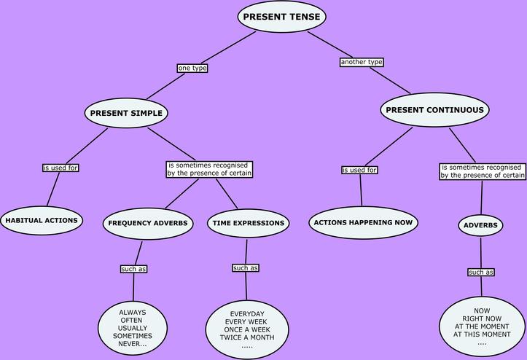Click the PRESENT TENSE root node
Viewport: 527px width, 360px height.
pos(281,17)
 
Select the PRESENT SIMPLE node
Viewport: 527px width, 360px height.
pos(127,113)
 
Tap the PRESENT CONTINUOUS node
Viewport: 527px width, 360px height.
pos(434,110)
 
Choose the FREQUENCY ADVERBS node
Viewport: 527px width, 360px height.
pos(148,223)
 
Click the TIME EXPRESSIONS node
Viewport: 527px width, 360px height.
pos(249,223)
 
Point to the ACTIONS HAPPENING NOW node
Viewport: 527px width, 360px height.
pos(362,223)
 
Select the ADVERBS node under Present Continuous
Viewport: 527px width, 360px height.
pos(480,225)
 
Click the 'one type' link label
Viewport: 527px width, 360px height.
pos(192,68)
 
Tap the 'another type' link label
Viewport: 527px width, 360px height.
pos(362,62)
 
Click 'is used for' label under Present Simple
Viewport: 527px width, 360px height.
pos(60,168)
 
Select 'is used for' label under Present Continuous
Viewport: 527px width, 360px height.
pos(359,170)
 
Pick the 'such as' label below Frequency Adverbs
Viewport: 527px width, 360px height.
pos(133,269)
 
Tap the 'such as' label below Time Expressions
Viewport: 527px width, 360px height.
pos(246,268)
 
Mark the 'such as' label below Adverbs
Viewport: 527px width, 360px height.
pos(480,272)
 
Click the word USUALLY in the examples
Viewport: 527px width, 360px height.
pos(133,328)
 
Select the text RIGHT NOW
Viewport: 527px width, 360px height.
pos(481,318)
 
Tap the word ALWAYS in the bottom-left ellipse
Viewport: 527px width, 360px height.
pos(133,312)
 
